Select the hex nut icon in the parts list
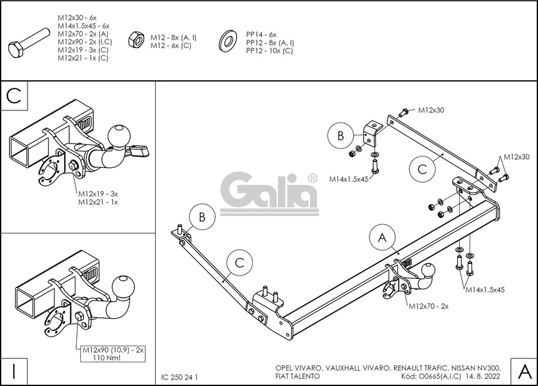(x=136, y=40)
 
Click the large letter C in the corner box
(x=13, y=96)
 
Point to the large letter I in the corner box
(x=13, y=371)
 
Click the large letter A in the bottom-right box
(x=523, y=371)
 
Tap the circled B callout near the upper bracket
(x=341, y=136)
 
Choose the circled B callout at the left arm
(x=202, y=217)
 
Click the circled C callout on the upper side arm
(x=422, y=169)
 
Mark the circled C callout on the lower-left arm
(x=239, y=262)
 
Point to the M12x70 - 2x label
(x=428, y=306)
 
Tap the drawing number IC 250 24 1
(x=180, y=377)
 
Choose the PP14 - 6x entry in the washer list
(x=261, y=34)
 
